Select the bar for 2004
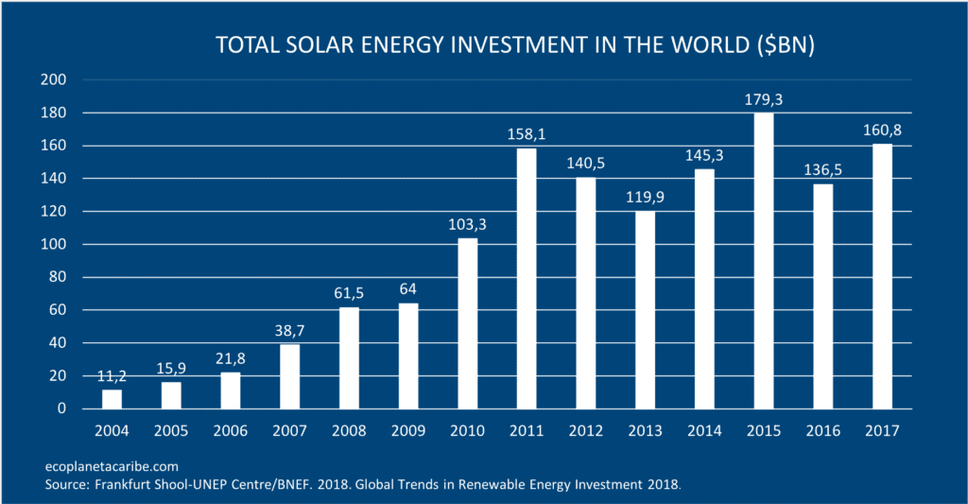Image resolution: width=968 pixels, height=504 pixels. [112, 399]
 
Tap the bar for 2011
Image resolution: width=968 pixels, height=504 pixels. [527, 279]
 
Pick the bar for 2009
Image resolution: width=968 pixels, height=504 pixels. [407, 356]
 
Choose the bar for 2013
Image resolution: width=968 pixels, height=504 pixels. [645, 310]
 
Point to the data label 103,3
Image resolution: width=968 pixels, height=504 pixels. [467, 224]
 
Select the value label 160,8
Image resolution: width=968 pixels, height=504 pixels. [881, 130]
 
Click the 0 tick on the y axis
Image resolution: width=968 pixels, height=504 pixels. [60, 408]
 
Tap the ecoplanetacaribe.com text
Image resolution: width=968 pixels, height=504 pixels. [112, 466]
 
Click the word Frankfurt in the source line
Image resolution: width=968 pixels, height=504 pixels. [122, 484]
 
